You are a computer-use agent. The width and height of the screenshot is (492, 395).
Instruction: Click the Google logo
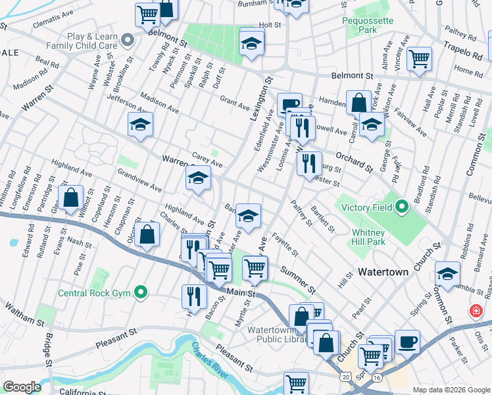22,387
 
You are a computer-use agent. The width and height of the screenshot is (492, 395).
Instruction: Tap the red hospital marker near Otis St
475,310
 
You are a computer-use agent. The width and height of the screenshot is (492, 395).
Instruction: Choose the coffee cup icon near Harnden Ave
289,104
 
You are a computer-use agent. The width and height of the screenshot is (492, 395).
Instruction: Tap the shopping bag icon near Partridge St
70,197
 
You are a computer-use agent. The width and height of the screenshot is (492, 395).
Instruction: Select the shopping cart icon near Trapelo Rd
419,59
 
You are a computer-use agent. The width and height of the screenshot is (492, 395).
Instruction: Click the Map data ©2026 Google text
451,389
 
